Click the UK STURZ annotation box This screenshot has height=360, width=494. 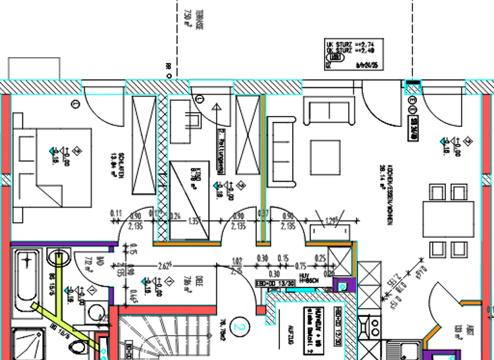point(351,52)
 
